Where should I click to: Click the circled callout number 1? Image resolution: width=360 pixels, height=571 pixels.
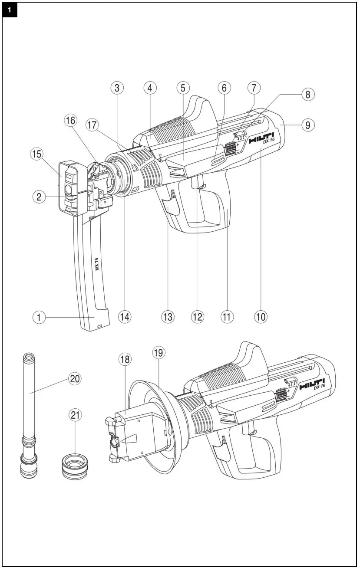point(39,317)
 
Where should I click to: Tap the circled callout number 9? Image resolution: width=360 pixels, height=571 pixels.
point(307,125)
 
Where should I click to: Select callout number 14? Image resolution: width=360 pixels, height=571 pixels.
point(125,317)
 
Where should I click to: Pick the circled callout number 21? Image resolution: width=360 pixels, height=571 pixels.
point(75,415)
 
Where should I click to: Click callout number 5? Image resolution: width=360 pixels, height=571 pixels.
point(182,88)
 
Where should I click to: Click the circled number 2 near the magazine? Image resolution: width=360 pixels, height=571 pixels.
point(39,197)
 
